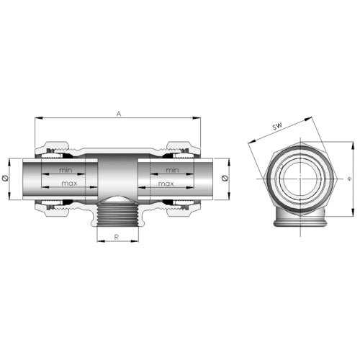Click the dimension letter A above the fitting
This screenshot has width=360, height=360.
pos(119,114)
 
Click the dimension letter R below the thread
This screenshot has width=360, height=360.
pos(117,237)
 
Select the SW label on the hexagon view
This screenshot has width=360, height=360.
pos(277,126)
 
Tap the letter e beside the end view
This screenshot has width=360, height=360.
pos(350,179)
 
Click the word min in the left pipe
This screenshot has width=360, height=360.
pos(66,170)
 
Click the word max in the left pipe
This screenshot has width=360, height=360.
pos(69,184)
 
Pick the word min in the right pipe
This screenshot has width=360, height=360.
pos(173,170)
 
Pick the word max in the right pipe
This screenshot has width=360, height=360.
pos(166,184)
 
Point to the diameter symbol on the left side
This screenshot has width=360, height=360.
pos(4,179)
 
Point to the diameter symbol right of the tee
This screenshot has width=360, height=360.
pos(225,178)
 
